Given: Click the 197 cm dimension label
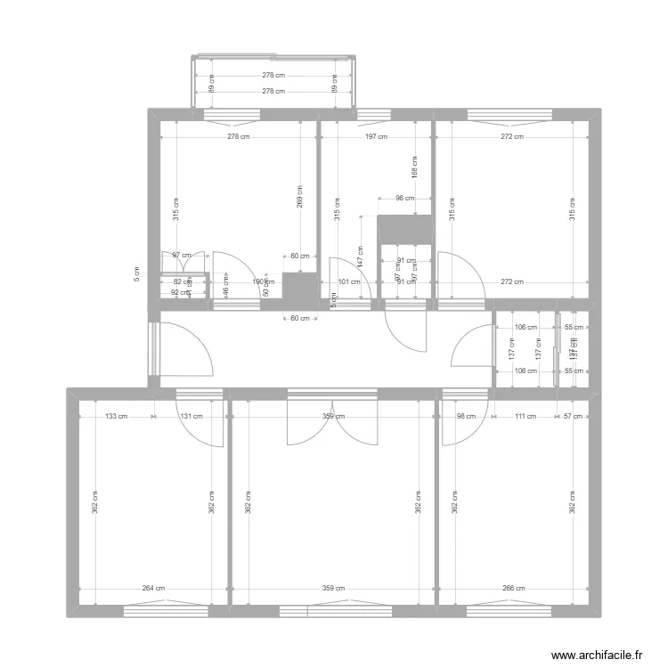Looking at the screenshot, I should (376, 137).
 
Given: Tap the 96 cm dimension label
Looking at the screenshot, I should (404, 198).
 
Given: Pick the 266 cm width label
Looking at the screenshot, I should (514, 588).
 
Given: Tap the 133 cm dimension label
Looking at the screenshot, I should (115, 415).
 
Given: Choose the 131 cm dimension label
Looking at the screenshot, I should (191, 415).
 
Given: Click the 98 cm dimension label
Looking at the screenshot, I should (466, 415).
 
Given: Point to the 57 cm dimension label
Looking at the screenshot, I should (575, 415).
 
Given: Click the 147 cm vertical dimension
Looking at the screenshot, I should (361, 257).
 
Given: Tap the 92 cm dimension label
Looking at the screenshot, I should (179, 292).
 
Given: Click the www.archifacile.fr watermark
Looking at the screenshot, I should (596, 655).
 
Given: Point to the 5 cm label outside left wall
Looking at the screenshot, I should (136, 274).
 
